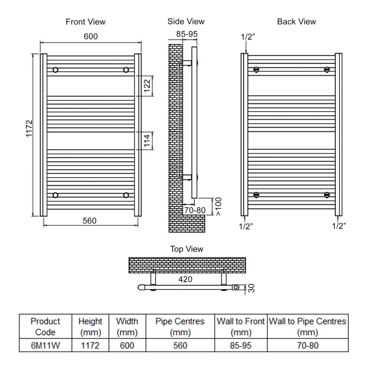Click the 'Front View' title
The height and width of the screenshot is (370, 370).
click(86, 22)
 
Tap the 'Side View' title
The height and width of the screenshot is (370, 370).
click(185, 22)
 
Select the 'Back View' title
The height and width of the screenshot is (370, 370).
click(296, 22)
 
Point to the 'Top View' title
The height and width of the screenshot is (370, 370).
click(187, 249)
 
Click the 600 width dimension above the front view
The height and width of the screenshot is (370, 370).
click(91, 37)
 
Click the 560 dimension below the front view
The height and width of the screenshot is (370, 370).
click(89, 221)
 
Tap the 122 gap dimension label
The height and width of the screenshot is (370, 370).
click(148, 86)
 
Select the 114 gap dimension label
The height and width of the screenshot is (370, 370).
click(148, 140)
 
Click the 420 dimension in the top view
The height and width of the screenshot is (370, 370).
click(185, 279)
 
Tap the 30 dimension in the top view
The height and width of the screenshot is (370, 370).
click(251, 288)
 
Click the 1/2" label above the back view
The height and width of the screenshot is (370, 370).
click(248, 37)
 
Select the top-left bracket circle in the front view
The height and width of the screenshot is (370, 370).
click(55, 70)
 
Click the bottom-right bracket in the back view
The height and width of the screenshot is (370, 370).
click(327, 195)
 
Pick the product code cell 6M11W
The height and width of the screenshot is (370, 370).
click(45, 345)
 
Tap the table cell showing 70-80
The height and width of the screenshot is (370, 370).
click(308, 345)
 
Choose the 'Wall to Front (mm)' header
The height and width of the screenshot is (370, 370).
click(240, 327)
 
